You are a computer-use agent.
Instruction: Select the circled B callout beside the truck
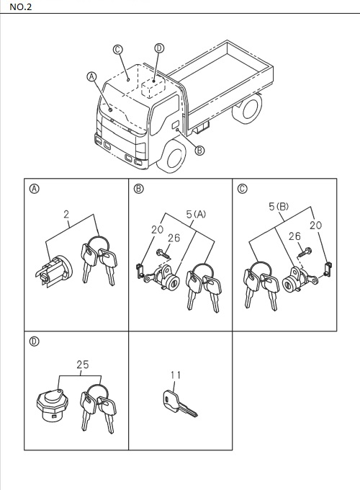(199, 151)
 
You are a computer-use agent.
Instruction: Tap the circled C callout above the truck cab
(118, 49)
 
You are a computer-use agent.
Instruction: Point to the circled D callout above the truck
(159, 48)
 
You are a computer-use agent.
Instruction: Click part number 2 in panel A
(66, 214)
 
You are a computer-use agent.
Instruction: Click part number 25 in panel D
(83, 365)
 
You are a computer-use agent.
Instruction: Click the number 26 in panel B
(173, 238)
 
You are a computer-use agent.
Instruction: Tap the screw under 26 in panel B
(162, 253)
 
